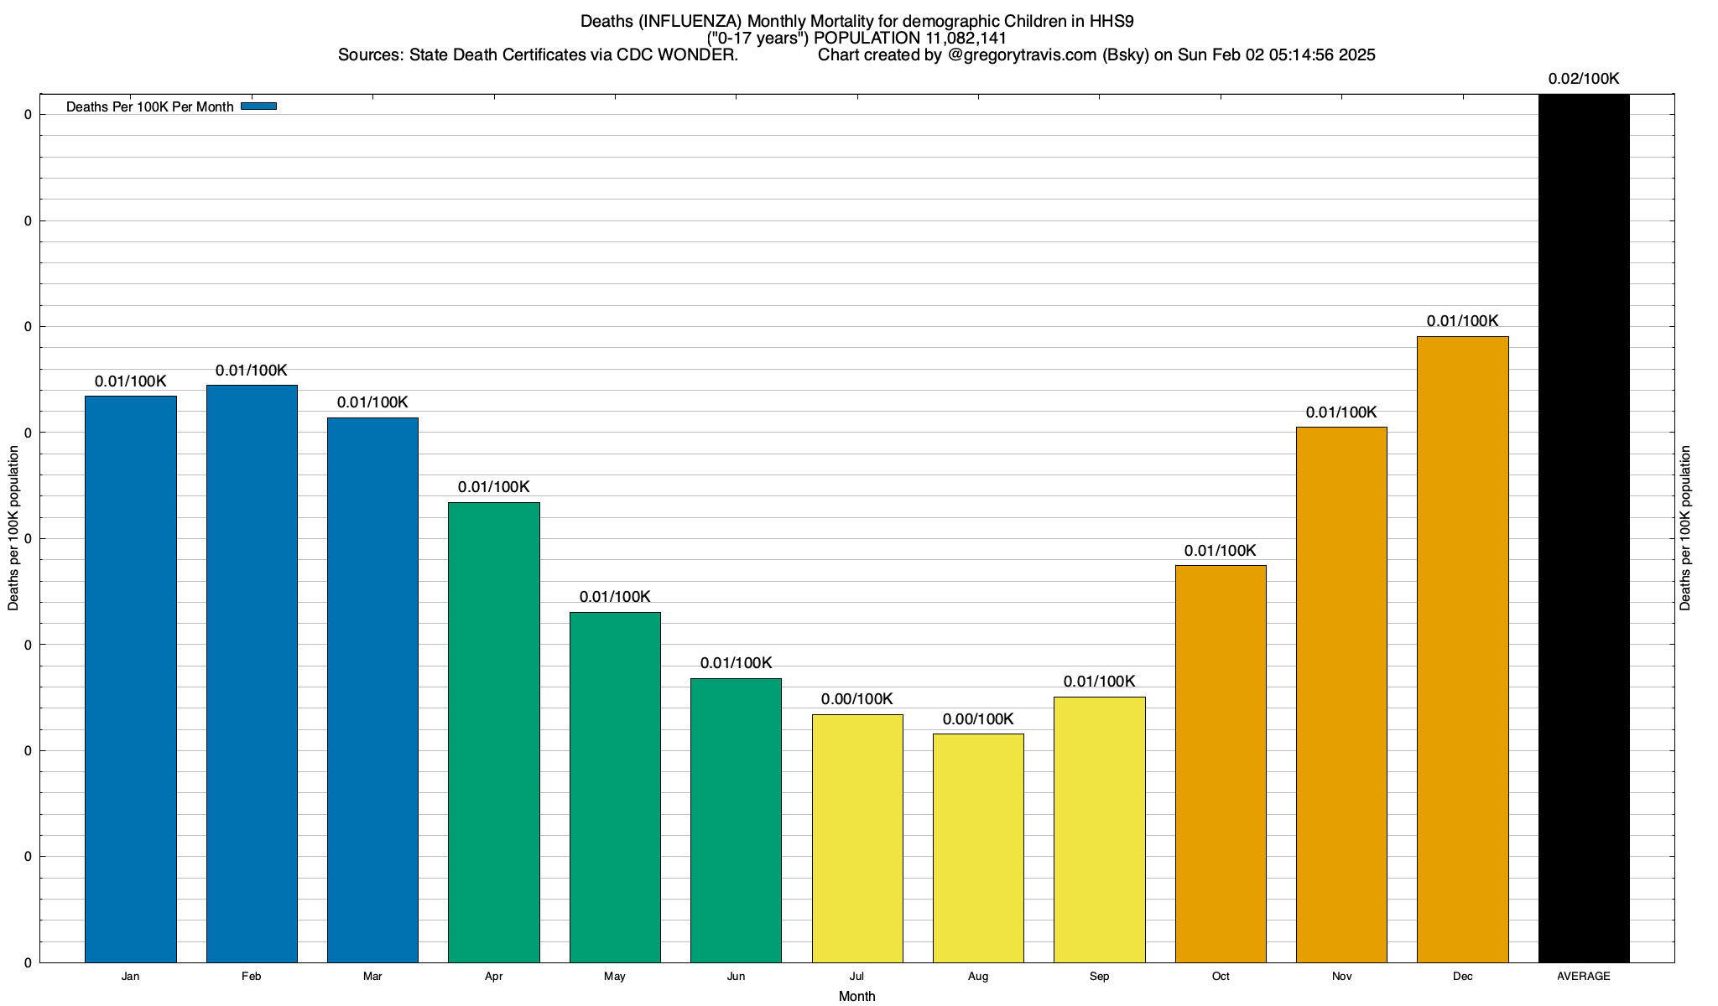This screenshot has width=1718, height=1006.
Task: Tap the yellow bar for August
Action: pos(978,848)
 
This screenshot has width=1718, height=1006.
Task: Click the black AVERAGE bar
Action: pos(1584,528)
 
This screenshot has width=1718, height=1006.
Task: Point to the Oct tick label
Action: pos(1221,977)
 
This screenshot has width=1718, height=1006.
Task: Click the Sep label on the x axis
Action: pos(1099,977)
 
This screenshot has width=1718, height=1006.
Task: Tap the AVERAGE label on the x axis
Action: pos(1584,977)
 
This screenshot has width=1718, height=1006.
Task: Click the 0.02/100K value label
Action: pos(1584,80)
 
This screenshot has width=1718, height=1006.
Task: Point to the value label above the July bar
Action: pos(857,699)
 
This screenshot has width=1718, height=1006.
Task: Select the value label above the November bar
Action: pos(1341,412)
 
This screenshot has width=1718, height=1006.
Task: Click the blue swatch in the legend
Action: pos(258,106)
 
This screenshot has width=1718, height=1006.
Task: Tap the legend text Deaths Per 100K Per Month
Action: pos(149,107)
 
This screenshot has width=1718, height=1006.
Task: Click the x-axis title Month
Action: pos(856,997)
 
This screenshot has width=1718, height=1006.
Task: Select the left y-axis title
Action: pos(13,528)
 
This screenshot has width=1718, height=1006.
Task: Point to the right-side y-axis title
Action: pos(1686,528)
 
